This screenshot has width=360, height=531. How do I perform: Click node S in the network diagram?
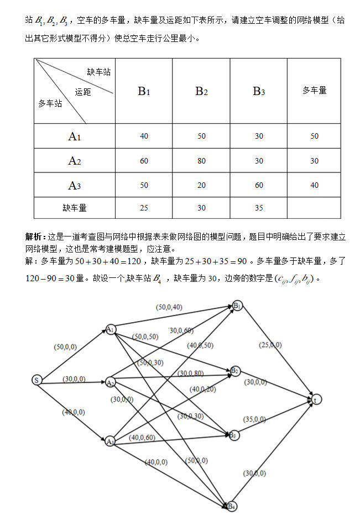[36, 380]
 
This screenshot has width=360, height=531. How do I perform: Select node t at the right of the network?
[316, 398]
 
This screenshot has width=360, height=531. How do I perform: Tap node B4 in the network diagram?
[232, 506]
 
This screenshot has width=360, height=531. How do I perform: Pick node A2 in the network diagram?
[111, 383]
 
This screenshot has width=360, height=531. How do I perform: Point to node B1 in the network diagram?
[237, 306]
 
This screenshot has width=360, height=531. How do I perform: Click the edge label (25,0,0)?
[270, 345]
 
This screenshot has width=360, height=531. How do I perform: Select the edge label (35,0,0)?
[254, 419]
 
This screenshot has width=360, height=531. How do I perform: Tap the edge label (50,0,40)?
[170, 307]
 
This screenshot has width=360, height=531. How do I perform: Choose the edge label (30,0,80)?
[191, 374]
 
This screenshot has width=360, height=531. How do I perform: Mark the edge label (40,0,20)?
[202, 389]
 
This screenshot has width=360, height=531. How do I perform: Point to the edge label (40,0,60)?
[142, 438]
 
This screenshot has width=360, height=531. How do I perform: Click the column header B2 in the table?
[201, 91]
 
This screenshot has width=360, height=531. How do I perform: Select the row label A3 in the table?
[75, 186]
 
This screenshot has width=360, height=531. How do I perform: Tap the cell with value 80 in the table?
[201, 161]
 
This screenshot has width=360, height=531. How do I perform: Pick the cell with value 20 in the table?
[201, 186]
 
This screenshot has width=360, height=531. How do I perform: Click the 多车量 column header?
[314, 90]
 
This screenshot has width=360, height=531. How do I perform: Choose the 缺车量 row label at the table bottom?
[75, 208]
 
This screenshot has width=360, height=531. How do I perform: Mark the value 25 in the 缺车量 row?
[144, 208]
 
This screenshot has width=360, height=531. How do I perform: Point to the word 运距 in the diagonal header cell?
[83, 92]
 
